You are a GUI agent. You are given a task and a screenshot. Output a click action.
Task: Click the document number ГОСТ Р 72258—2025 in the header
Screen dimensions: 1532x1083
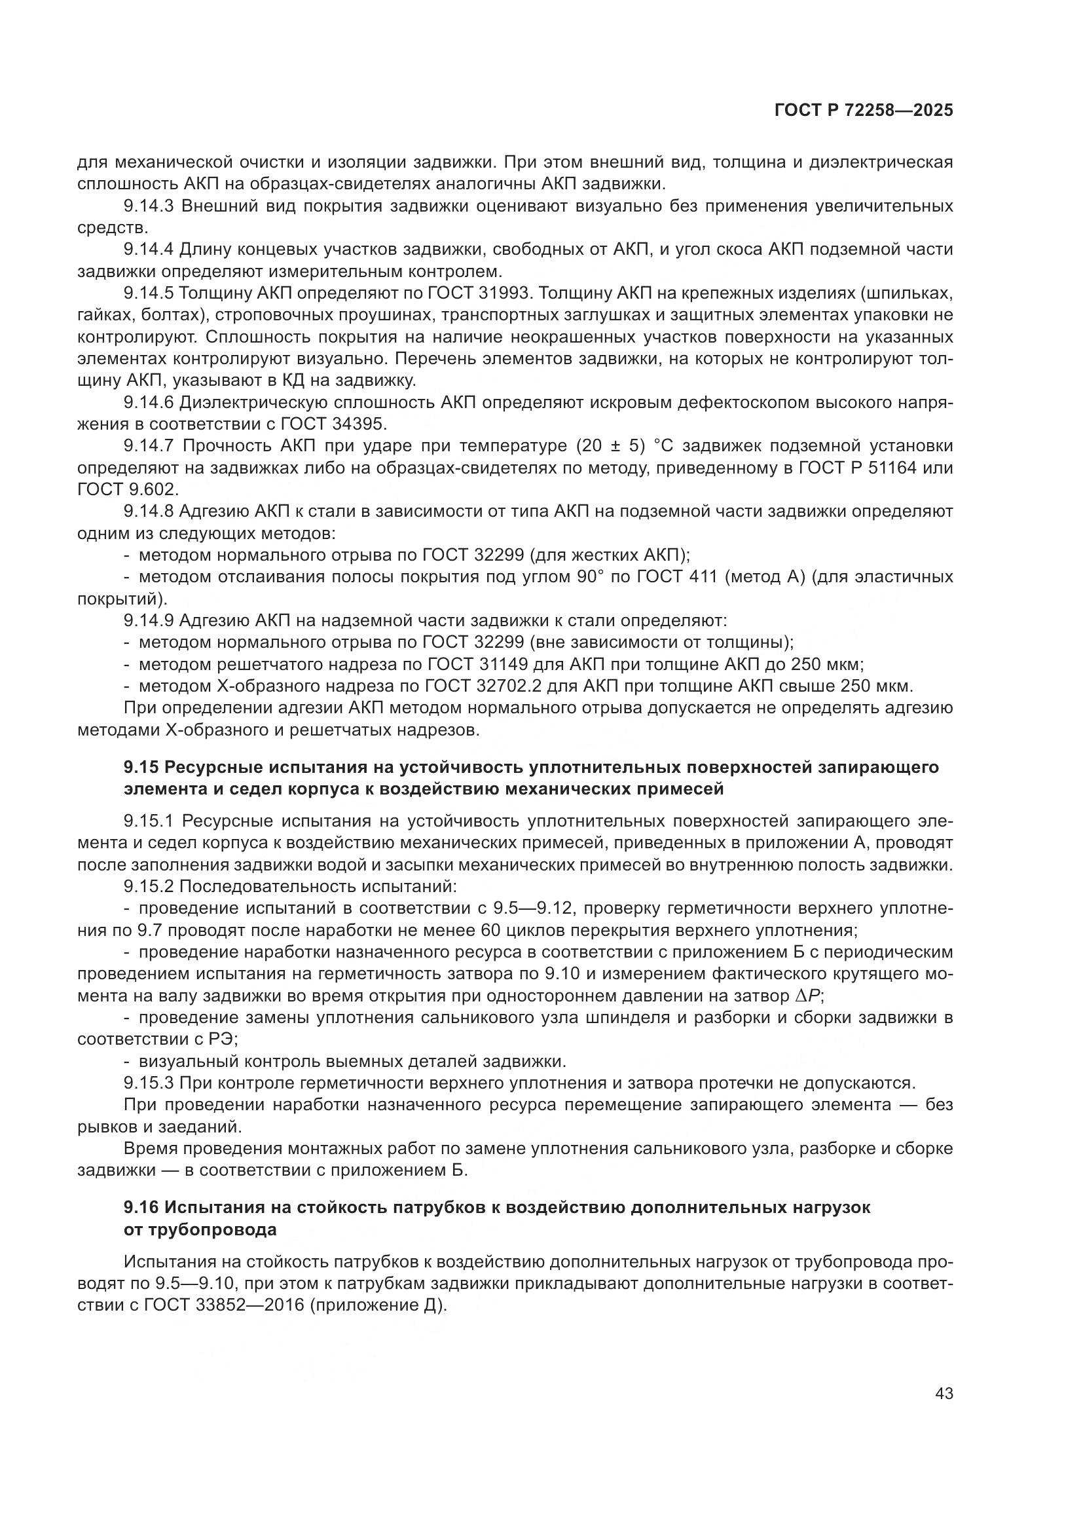[864, 111]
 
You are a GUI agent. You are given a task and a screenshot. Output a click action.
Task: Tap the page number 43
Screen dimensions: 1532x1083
[944, 1393]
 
